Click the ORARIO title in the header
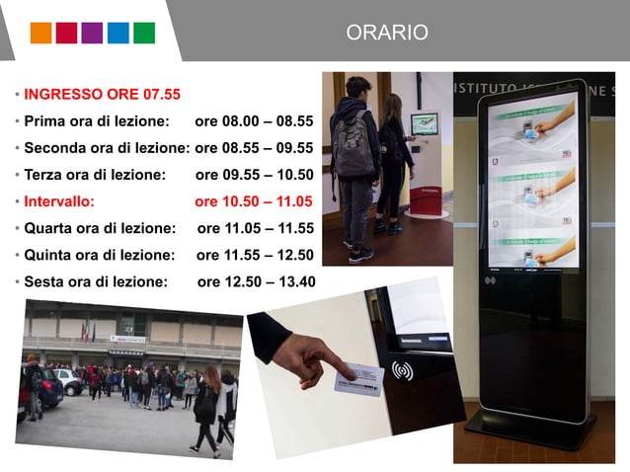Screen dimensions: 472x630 387,33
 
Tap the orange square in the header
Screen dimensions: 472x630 40,33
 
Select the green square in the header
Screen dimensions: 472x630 143,33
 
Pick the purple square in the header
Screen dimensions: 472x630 92,33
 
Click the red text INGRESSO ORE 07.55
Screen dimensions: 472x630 102,95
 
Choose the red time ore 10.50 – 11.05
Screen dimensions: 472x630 254,201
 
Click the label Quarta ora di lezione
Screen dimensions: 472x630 99,228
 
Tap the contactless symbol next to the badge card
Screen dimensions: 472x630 402,371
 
